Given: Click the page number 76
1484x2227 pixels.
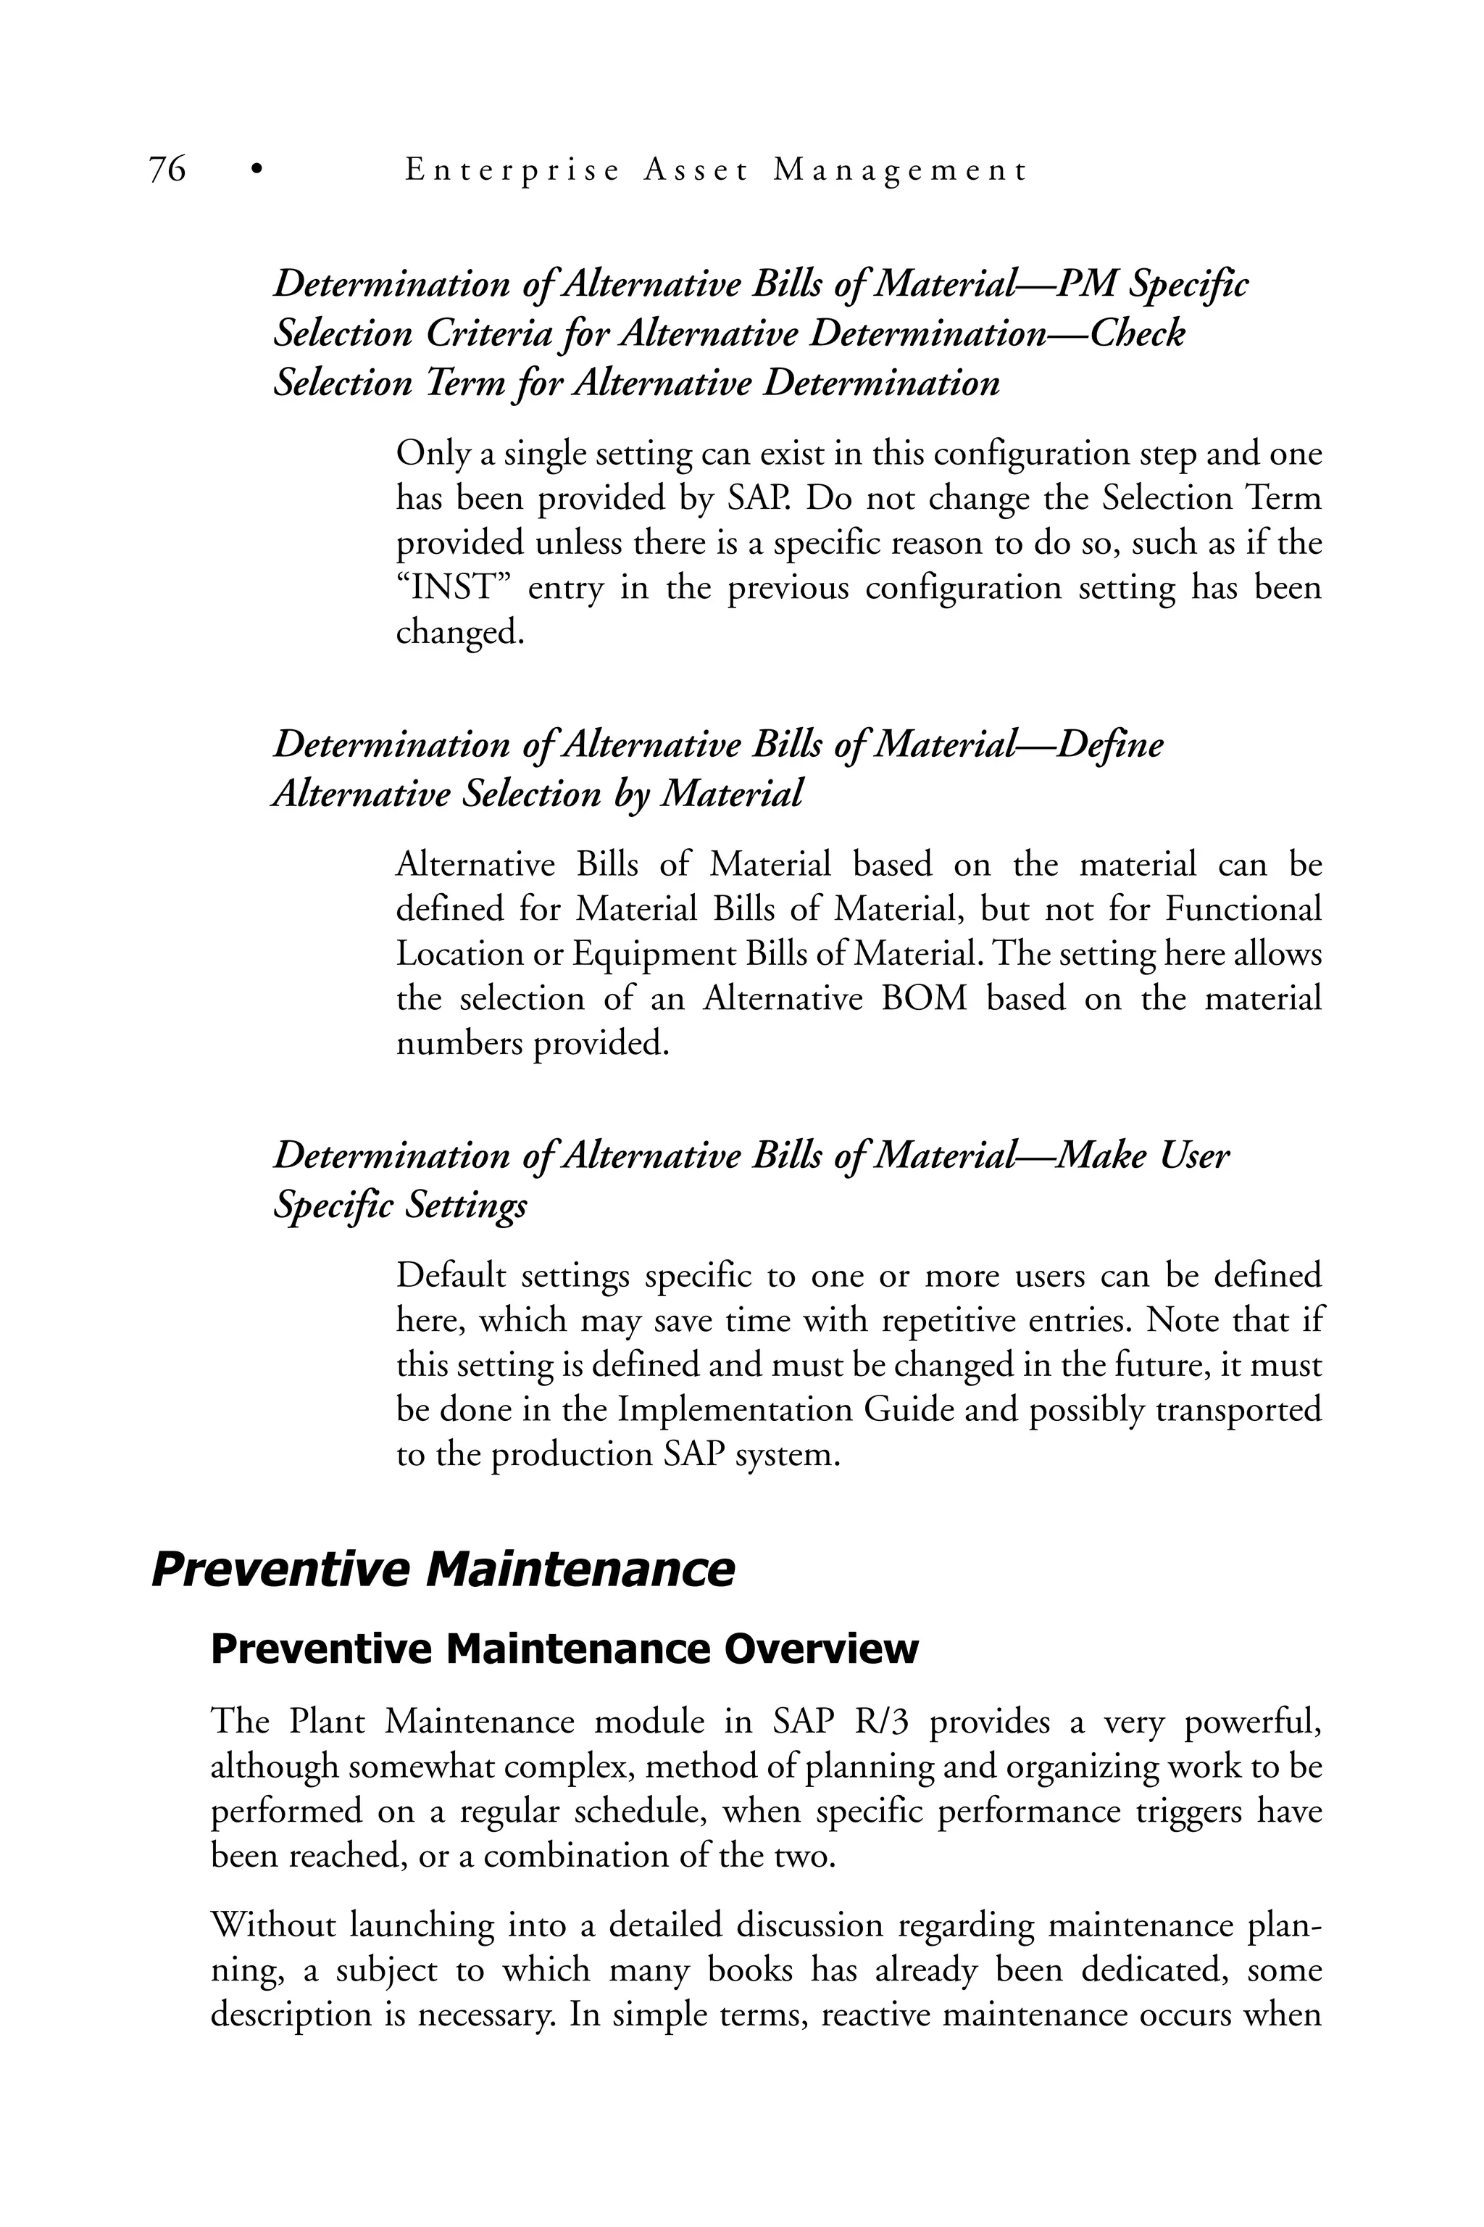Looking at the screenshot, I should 167,170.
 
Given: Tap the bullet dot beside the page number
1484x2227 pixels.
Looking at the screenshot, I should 254,170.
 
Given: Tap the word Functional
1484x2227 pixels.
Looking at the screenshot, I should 1243,910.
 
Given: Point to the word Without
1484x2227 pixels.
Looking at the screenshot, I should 272,1925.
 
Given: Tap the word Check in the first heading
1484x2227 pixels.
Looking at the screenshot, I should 1138,333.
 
